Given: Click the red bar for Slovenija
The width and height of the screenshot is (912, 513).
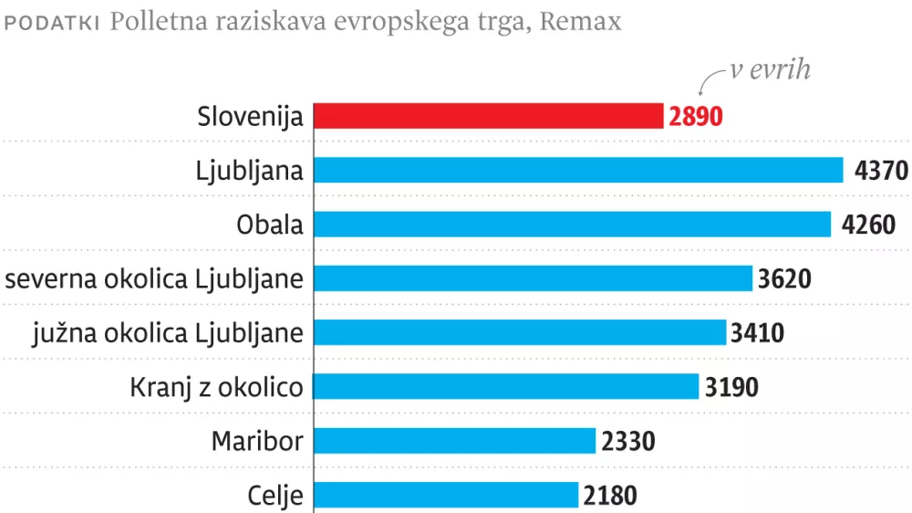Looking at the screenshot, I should point(488,117).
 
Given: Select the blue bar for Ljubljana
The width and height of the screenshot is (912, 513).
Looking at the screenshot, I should point(578,171).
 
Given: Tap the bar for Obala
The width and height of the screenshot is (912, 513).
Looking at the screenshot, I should point(572,225).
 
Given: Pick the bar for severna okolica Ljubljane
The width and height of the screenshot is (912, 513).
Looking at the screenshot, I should point(533,278).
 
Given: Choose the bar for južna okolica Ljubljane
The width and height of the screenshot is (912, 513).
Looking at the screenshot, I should point(520,332).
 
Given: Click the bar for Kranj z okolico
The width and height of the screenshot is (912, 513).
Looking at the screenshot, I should point(506,386).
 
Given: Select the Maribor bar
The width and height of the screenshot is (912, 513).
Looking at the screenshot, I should point(455,441).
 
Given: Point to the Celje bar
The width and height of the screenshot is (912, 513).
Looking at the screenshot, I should point(446,495).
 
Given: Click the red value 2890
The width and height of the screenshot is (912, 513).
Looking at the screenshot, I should point(695,118).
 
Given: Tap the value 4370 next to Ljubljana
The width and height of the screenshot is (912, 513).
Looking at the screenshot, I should point(881,172).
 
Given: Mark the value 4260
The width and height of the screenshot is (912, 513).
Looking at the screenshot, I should point(868,225).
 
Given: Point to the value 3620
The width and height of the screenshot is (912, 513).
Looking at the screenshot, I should point(784,279).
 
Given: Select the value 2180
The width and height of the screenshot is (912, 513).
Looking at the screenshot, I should point(610,496).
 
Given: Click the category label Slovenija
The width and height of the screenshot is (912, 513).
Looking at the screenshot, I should point(250,118).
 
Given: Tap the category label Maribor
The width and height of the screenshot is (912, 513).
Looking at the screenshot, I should point(257,442).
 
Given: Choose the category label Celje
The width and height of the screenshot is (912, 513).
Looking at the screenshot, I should point(275,496).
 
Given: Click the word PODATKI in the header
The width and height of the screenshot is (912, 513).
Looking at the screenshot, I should point(53,23).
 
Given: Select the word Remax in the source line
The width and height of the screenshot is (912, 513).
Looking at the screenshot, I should point(581,22).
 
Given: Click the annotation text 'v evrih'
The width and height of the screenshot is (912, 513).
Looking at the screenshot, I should point(770,71).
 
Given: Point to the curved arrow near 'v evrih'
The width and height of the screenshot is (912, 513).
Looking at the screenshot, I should point(710,81).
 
